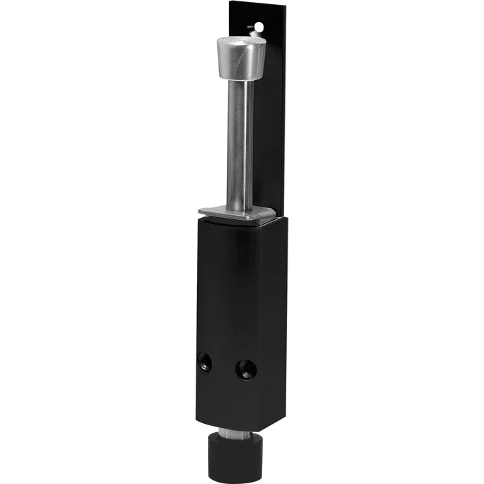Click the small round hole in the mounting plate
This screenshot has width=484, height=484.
pos(257,28)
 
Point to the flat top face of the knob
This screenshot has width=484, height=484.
pos(240,40)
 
